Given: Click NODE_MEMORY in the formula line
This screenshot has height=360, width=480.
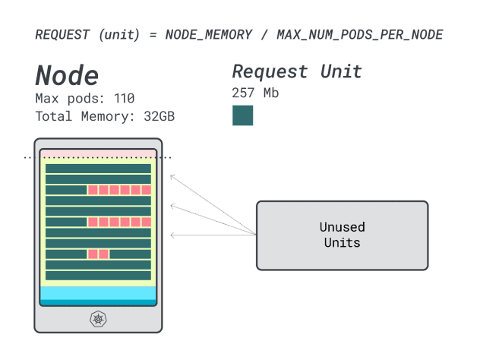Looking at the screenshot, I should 208,35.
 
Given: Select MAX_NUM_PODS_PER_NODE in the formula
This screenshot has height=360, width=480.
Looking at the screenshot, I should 360,35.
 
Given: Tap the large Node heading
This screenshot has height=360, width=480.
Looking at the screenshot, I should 67,75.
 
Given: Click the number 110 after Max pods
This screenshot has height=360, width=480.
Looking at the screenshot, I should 124,98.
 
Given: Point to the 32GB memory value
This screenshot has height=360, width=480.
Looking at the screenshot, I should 159,116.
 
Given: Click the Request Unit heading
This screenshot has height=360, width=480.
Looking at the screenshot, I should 296,72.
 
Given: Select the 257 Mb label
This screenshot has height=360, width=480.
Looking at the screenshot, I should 255,93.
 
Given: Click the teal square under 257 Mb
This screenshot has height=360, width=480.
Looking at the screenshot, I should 242,115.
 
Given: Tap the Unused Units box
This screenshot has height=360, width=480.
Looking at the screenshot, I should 342,235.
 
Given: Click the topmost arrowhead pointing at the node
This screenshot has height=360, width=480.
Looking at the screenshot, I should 172,177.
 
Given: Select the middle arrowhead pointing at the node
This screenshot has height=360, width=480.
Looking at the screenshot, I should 172,205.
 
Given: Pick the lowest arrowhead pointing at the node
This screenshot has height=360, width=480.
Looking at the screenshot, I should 172,235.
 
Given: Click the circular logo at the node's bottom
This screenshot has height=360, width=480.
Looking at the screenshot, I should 98,318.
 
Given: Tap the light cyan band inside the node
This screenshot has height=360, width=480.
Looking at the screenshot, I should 98,293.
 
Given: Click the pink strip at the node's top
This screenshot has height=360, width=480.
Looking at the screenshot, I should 98,153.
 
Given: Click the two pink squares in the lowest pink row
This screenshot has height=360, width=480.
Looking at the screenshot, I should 98,254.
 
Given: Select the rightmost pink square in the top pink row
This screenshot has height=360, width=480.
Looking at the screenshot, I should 147,190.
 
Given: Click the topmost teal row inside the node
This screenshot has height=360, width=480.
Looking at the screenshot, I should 98,168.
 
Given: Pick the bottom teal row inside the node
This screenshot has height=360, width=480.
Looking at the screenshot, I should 98,276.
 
